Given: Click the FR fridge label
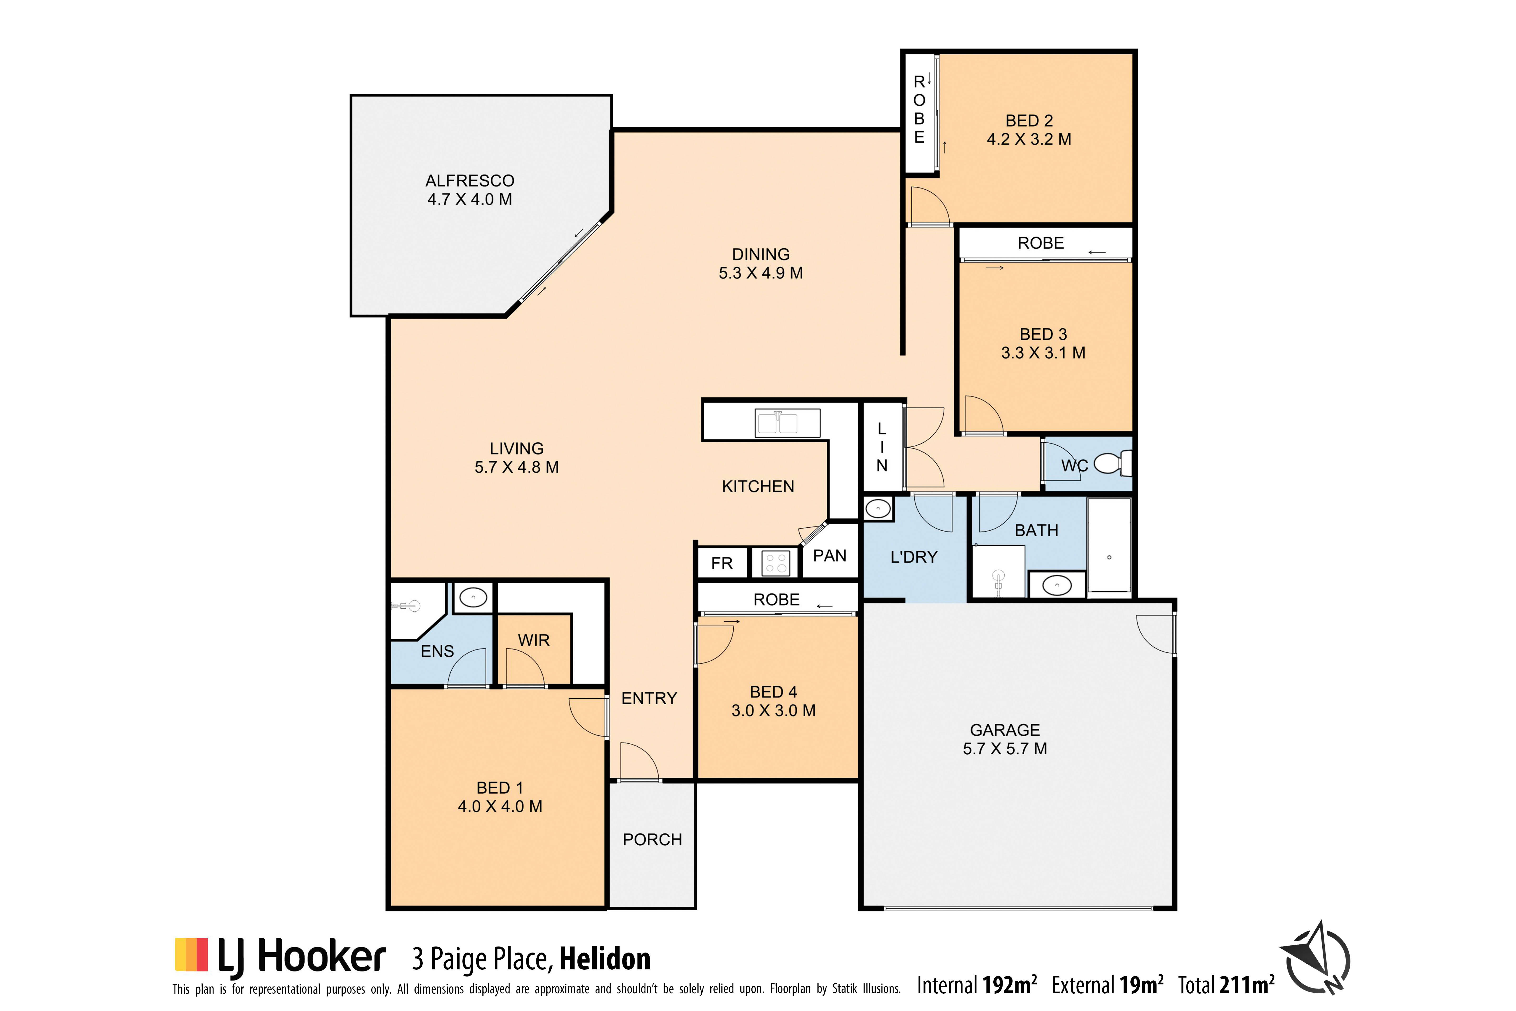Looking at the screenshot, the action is [722, 563].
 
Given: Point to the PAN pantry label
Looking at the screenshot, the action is [830, 556].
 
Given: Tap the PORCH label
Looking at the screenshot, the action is [652, 840].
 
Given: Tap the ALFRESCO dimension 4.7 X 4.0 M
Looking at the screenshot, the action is [470, 199].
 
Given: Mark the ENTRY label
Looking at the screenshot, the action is [649, 698].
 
